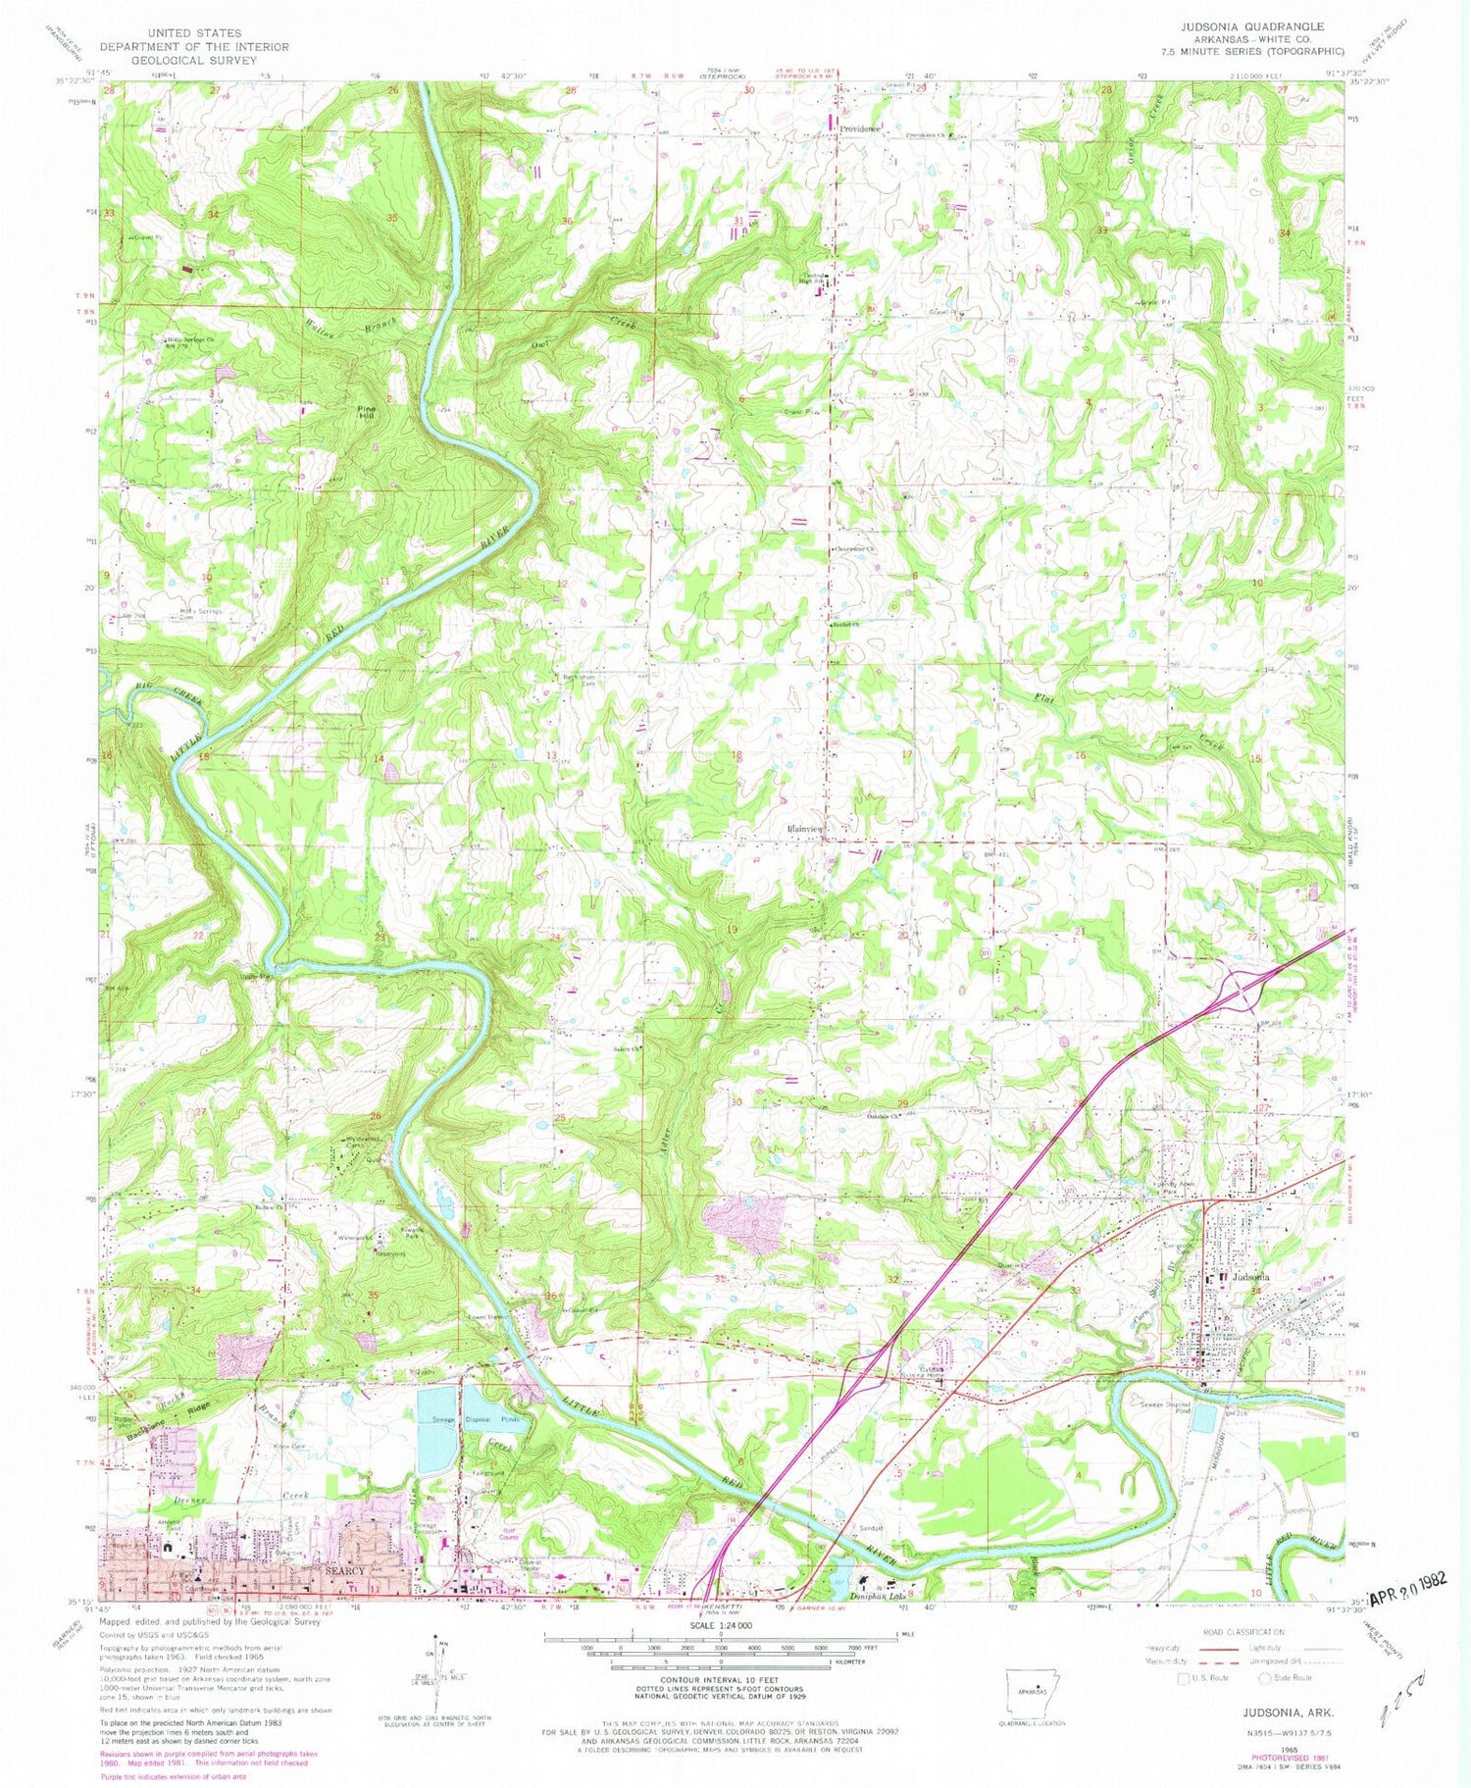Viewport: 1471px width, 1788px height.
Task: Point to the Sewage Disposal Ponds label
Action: click(487, 1419)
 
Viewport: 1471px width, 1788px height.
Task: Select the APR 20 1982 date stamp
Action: click(1409, 1598)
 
